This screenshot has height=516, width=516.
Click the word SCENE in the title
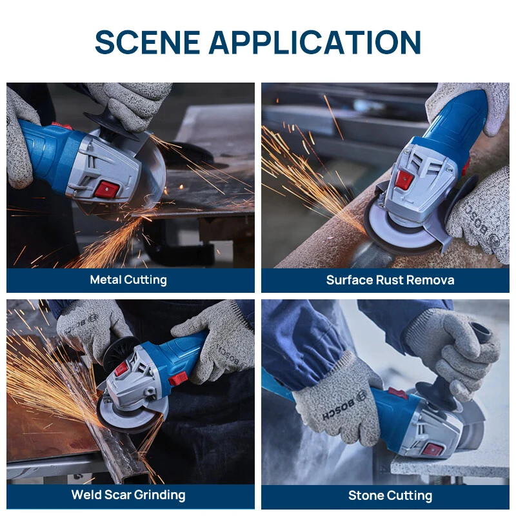tap(148, 42)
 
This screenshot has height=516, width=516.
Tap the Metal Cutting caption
tap(128, 280)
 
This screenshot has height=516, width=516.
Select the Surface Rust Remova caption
tap(390, 280)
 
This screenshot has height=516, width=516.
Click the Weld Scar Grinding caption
tap(128, 495)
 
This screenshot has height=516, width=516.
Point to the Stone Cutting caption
tap(390, 495)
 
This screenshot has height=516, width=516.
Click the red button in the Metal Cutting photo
tap(107, 189)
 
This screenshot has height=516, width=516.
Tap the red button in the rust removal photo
tap(404, 180)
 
